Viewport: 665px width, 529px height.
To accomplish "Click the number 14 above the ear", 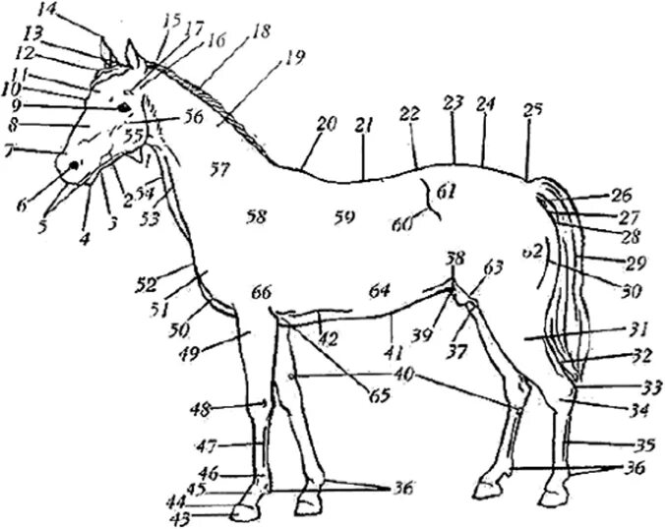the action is [47, 11].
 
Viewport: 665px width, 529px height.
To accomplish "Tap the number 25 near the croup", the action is [533, 110].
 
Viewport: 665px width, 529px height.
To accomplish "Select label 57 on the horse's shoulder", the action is [219, 170].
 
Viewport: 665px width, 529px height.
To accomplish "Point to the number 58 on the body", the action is [257, 215].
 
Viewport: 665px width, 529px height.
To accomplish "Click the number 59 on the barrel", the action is [343, 215].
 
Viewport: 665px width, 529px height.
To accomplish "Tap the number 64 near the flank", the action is [381, 291].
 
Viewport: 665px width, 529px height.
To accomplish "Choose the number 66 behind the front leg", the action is [261, 293].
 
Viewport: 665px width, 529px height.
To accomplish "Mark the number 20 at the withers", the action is [327, 124].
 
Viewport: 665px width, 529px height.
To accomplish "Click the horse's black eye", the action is [125, 108].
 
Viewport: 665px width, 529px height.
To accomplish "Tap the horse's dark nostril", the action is [72, 168].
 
